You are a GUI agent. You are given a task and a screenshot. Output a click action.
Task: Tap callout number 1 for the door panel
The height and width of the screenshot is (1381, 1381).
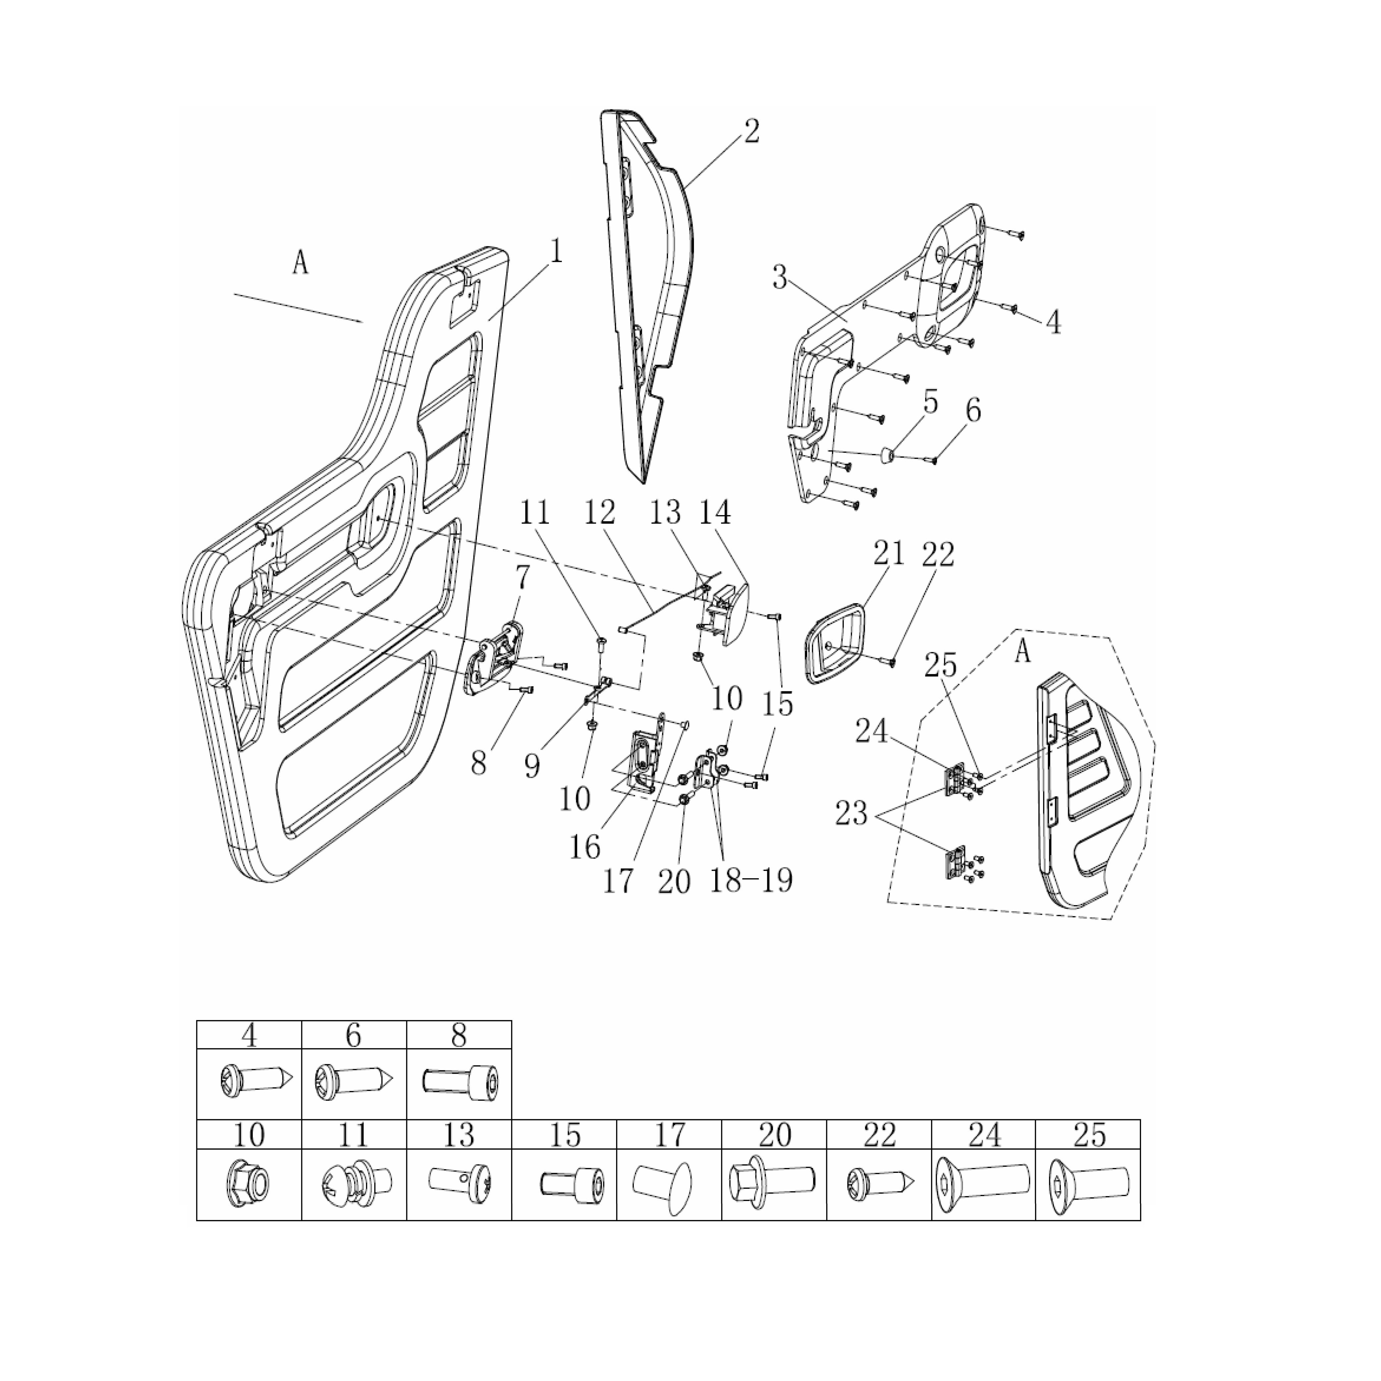coord(555,252)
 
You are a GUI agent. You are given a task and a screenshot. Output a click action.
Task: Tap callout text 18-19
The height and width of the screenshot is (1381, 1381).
coord(751,879)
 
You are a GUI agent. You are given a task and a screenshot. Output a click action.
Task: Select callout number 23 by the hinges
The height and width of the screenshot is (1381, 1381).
coord(851,813)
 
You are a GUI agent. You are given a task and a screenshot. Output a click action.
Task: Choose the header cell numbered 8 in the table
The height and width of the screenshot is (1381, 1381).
coord(459,1035)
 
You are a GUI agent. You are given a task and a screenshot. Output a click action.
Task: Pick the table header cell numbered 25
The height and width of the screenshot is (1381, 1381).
coord(1088,1134)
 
